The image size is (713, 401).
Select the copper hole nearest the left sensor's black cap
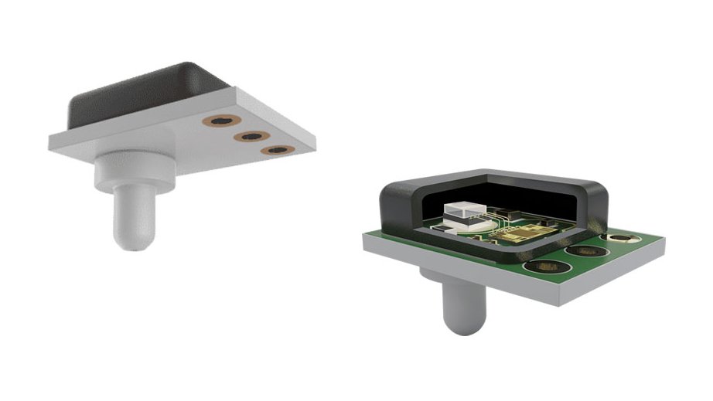[x=223, y=121]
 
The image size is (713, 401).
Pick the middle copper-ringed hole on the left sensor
[x=250, y=137]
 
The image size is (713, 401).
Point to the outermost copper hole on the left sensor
[x=275, y=149]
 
